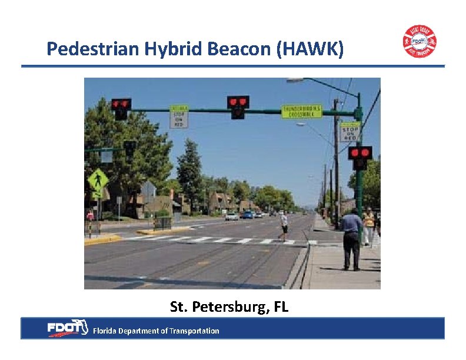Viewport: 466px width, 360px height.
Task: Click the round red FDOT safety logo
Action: tap(420, 41)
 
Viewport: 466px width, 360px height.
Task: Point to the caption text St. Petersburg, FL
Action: tap(229, 306)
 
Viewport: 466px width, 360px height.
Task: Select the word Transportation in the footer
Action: tap(194, 331)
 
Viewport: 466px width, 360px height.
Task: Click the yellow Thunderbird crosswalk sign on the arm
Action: tap(301, 111)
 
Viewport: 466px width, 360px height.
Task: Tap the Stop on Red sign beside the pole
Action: tap(349, 132)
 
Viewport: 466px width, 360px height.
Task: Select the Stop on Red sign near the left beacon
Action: tap(179, 116)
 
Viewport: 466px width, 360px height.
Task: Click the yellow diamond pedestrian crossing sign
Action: tap(98, 181)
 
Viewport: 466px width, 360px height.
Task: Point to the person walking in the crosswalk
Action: tap(284, 226)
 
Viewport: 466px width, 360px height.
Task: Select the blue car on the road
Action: tap(248, 215)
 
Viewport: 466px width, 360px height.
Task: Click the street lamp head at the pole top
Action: tap(295, 80)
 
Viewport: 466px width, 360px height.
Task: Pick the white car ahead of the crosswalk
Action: tap(232, 216)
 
